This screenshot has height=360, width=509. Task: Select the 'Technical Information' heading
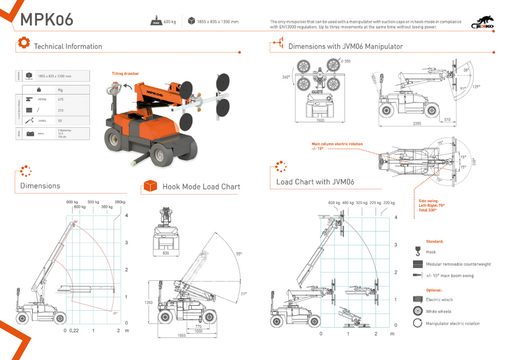click(x=68, y=46)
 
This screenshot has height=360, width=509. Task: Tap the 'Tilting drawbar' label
click(x=125, y=74)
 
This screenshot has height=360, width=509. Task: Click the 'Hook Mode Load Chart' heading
click(x=201, y=186)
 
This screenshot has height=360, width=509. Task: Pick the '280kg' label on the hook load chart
click(x=120, y=202)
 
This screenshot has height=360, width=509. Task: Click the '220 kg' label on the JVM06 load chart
click(x=389, y=202)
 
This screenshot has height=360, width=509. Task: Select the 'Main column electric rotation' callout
click(x=337, y=144)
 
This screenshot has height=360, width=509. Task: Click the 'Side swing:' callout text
click(x=429, y=201)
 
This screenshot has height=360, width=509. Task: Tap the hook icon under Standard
click(x=417, y=252)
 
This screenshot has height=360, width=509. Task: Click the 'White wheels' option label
click(x=438, y=312)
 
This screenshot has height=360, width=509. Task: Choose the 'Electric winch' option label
click(x=439, y=300)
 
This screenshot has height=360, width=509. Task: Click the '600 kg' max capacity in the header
click(x=170, y=22)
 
